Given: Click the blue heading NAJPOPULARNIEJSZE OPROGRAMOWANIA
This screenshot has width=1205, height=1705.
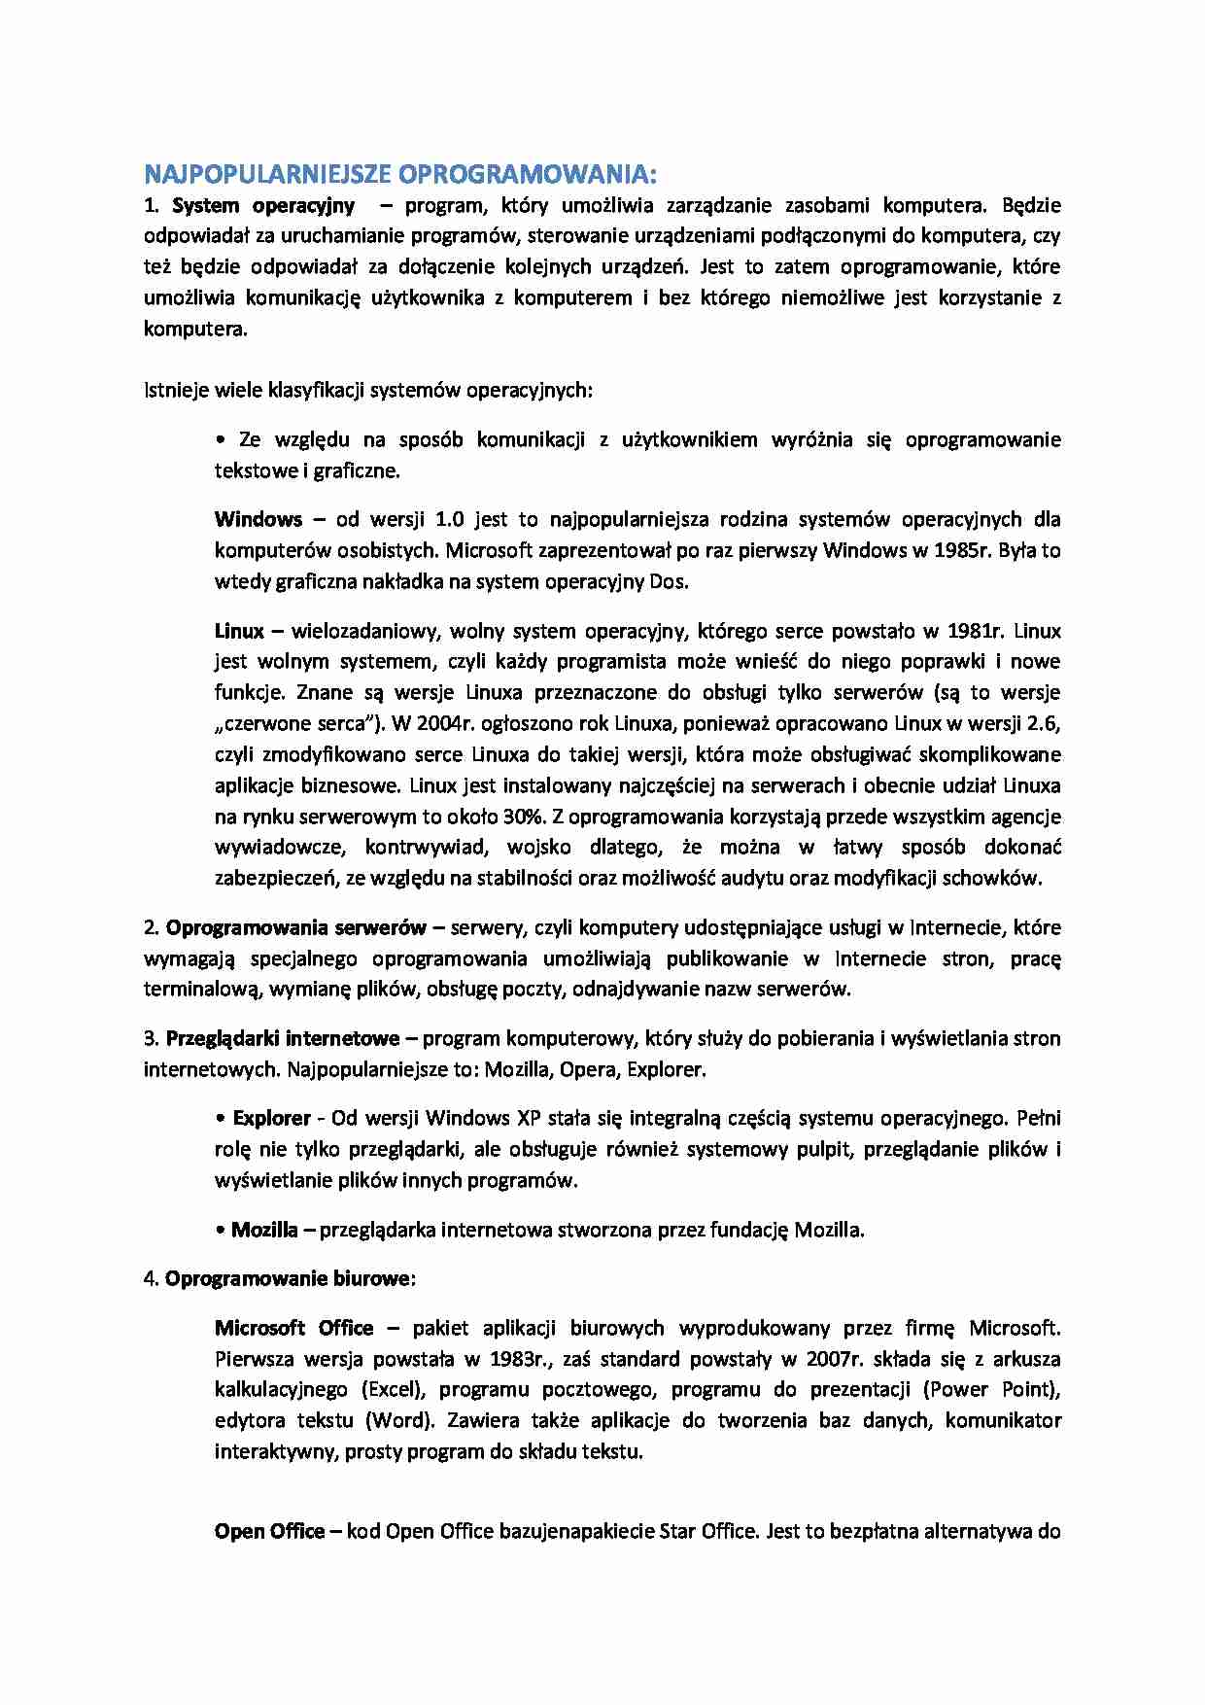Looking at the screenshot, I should click(x=400, y=175).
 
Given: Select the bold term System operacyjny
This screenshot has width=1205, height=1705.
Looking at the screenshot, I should click(x=262, y=205).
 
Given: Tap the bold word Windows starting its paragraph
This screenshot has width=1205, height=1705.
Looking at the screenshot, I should click(x=258, y=519).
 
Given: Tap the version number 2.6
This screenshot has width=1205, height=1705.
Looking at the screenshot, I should click(x=1045, y=724).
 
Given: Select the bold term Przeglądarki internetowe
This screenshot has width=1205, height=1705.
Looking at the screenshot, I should click(x=282, y=1038).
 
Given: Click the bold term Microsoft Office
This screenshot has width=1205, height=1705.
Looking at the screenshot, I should click(x=293, y=1328).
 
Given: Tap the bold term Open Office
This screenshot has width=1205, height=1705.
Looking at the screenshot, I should click(x=269, y=1532).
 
